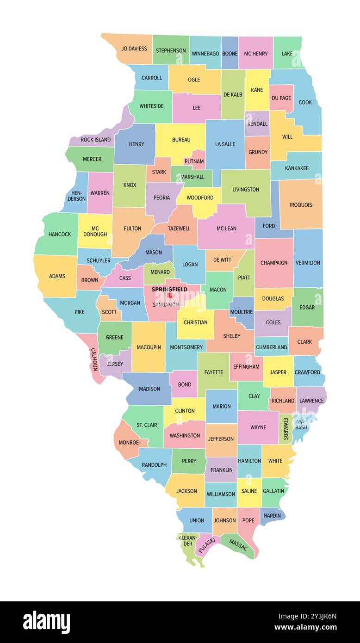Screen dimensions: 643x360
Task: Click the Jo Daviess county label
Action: click(134, 49)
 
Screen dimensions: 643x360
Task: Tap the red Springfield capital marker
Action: click(170, 295)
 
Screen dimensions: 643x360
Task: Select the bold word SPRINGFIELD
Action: click(169, 289)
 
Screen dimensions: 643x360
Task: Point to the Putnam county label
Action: click(194, 161)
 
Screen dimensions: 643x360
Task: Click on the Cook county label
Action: click(305, 102)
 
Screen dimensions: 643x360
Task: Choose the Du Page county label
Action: click(281, 98)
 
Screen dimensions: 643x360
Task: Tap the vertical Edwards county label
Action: click(286, 429)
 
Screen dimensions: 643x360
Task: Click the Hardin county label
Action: click(272, 516)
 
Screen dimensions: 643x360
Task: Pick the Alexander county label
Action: click(188, 540)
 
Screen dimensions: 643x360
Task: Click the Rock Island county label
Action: click(96, 140)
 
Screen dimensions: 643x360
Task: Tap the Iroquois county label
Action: click(301, 205)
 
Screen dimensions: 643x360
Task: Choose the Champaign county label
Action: click(274, 263)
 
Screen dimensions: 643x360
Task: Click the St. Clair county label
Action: click(147, 425)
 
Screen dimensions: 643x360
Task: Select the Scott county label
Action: click(109, 312)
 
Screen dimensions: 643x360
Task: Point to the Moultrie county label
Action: click(241, 312)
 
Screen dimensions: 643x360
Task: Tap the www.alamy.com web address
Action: click(305, 628)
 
